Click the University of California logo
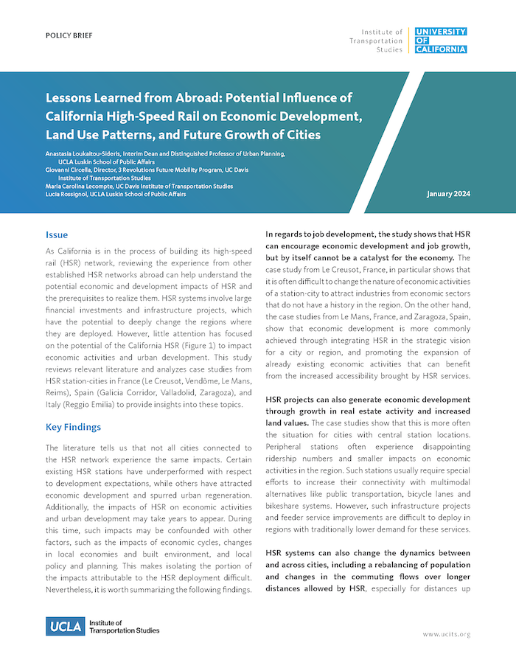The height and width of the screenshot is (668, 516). click(440, 41)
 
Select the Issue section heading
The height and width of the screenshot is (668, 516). click(57, 235)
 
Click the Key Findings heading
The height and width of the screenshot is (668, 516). click(73, 427)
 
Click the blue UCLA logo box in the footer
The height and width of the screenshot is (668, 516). click(65, 627)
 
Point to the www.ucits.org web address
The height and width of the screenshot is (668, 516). click(446, 634)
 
